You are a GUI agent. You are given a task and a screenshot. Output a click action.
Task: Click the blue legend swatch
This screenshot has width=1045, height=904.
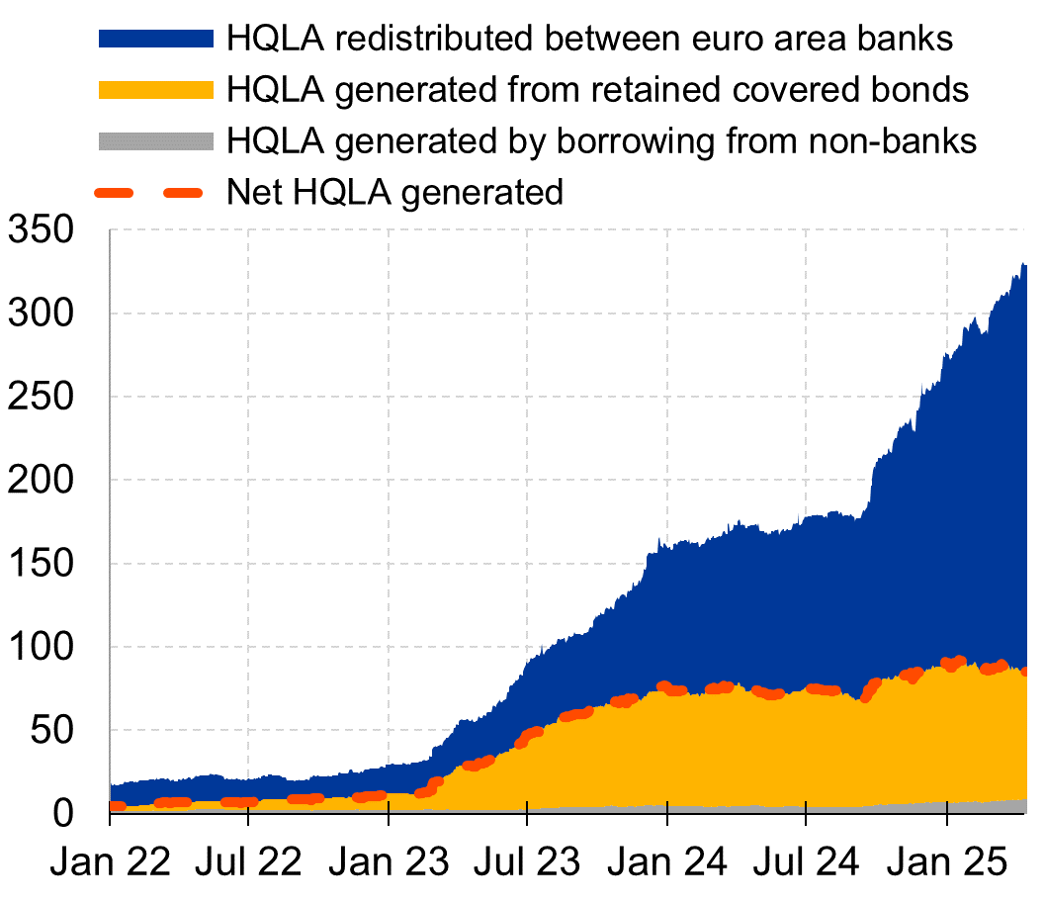155,39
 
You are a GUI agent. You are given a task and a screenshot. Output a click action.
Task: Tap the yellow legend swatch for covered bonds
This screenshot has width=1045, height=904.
155,90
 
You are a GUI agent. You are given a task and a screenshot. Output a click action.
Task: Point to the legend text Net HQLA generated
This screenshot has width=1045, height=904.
394,192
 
